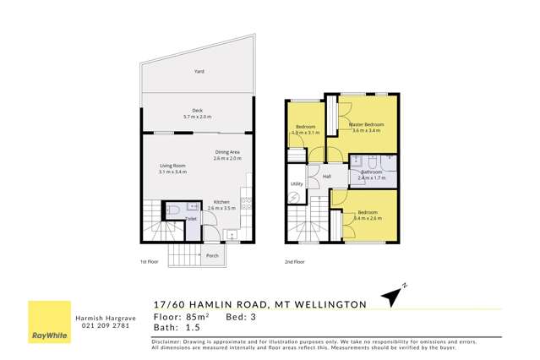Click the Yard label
[199, 73]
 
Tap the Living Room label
[172, 166]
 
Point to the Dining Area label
[227, 153]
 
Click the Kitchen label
[221, 202]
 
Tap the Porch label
[212, 255]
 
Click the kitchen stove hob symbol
[246, 203]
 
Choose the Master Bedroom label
[366, 125]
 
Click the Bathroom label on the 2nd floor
[371, 172]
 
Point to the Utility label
[297, 183]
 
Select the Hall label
[326, 176]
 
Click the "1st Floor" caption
[149, 262]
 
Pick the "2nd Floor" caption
[293, 262]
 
